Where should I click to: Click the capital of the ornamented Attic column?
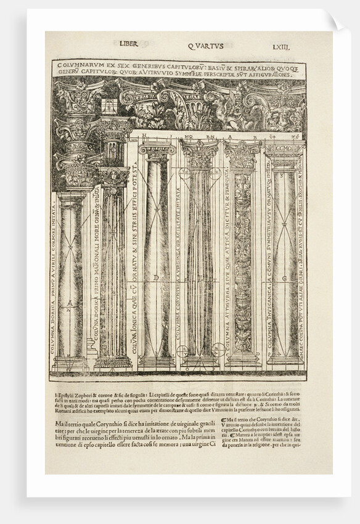coord(242,154)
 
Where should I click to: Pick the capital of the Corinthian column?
coord(199,154)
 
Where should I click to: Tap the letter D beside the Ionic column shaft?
coord(157,278)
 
